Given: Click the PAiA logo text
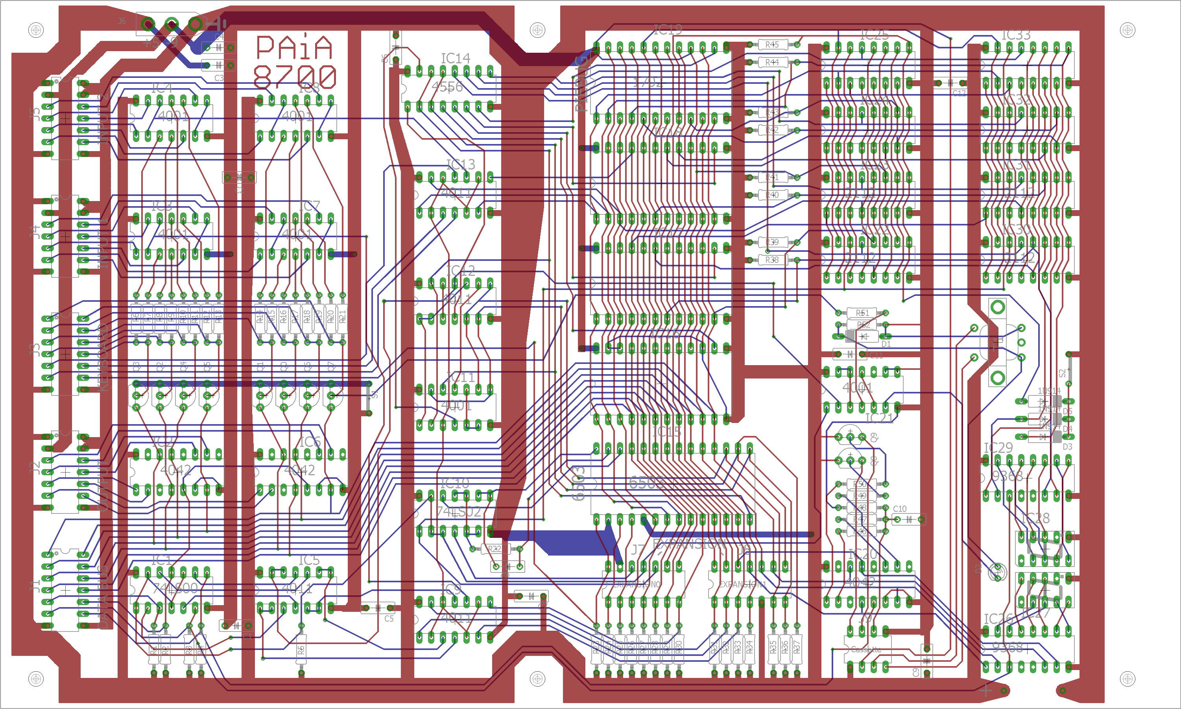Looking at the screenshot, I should (294, 47).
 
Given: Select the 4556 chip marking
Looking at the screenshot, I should (447, 87).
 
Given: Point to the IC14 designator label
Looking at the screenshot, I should (455, 58).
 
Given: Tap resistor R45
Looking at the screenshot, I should (772, 44).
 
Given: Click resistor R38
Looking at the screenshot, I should (772, 260).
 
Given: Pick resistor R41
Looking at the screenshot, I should (772, 177).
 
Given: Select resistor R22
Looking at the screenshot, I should (494, 549).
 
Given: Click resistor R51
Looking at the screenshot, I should (862, 313).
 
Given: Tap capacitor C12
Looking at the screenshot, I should (949, 83).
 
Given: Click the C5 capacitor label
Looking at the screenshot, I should (389, 618).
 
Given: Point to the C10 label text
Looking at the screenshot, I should (899, 509).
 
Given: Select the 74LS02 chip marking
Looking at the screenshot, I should (458, 511).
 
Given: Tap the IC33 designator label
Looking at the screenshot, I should (1016, 35).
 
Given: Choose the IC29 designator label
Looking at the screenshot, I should (998, 448).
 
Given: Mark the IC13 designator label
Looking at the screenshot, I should (460, 164).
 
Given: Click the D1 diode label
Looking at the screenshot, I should (886, 344).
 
